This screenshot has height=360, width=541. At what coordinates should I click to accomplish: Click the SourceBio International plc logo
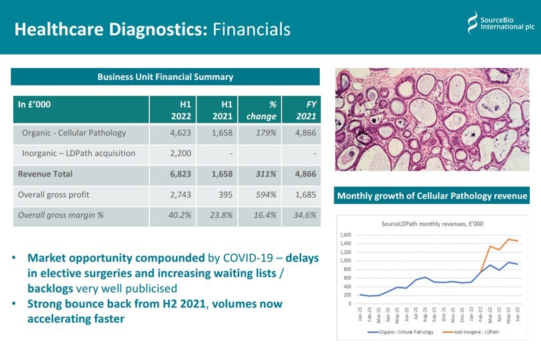pos(500,23)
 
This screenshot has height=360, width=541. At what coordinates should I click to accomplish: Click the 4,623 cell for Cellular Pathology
pos(181,133)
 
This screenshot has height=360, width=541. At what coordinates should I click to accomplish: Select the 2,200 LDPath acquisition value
pos(181,153)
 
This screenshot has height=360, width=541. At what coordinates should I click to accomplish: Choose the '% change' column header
pos(263,110)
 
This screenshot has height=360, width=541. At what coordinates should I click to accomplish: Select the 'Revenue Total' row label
pos(45,174)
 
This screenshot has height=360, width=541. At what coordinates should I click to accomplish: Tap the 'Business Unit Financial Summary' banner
pos(165,77)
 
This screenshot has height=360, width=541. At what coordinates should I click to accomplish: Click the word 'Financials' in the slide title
pos(251,29)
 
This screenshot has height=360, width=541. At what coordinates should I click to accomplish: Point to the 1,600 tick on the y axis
pos(345,235)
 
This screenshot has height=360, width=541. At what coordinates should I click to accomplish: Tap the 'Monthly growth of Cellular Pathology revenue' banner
pos(432,196)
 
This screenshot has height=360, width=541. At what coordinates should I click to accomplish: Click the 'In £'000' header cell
pos(34,105)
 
